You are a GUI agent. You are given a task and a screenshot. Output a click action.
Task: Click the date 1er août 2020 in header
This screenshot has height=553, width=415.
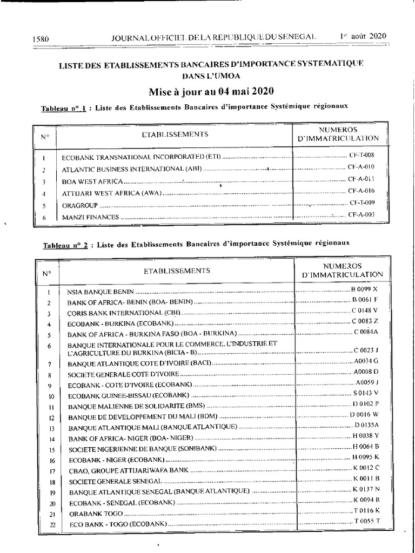363,36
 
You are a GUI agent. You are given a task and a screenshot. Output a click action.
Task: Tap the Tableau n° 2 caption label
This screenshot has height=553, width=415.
65,245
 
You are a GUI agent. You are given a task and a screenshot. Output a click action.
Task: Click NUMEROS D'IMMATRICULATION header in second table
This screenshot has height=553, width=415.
342,270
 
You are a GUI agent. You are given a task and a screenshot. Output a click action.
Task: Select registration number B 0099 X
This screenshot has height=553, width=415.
365,289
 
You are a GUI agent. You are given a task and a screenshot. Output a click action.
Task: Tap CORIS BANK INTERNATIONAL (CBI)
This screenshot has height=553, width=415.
125,313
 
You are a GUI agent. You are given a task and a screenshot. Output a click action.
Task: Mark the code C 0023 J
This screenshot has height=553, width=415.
366,349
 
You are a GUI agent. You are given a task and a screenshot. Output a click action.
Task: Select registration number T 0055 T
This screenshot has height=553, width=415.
367,521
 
